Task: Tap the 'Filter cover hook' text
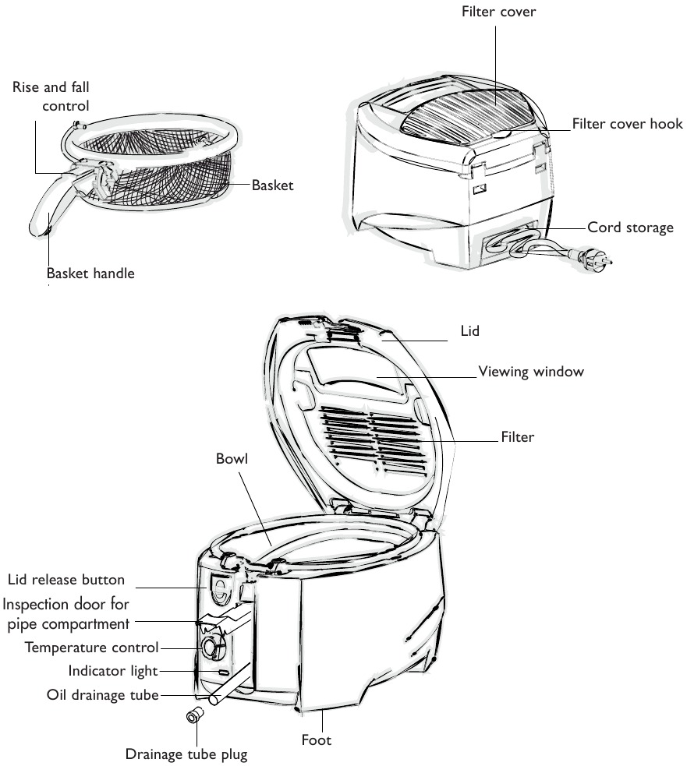pyautogui.click(x=627, y=124)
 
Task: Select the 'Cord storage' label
pyautogui.click(x=630, y=228)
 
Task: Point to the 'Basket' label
pyautogui.click(x=272, y=186)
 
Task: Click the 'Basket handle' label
pyautogui.click(x=90, y=274)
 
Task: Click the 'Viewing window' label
pyautogui.click(x=530, y=372)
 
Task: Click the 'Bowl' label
pyautogui.click(x=232, y=459)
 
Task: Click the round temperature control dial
pyautogui.click(x=210, y=647)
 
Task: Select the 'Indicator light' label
pyautogui.click(x=113, y=670)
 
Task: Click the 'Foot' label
pyautogui.click(x=317, y=740)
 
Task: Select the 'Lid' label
pyautogui.click(x=469, y=331)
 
